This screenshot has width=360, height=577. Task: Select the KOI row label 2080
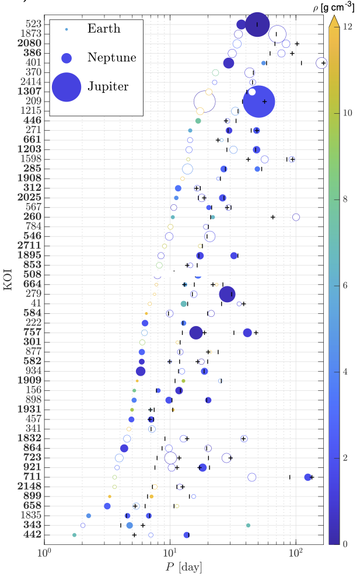[29, 43]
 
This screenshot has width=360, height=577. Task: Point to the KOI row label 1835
[30, 516]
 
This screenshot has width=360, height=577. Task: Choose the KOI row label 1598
[30, 159]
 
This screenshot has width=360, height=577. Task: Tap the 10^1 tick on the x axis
[170, 552]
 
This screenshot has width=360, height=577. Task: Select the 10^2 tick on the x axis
[296, 552]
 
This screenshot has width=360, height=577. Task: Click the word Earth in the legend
[104, 29]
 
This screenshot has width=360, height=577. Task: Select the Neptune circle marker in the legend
[67, 58]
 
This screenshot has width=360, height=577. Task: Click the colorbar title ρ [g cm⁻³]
[337, 6]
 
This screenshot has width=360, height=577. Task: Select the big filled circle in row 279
[226, 294]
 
